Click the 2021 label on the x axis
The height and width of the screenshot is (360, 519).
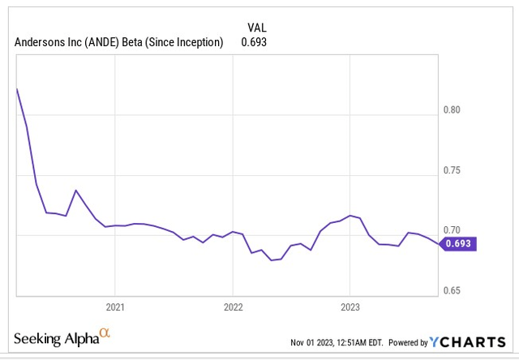(115, 307)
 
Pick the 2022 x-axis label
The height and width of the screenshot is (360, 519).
(233, 307)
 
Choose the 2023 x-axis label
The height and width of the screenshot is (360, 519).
(350, 307)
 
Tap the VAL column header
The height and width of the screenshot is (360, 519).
(257, 27)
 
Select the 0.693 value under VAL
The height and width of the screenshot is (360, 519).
(254, 42)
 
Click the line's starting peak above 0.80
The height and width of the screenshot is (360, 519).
(17, 88)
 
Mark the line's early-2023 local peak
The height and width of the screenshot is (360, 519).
(350, 216)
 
